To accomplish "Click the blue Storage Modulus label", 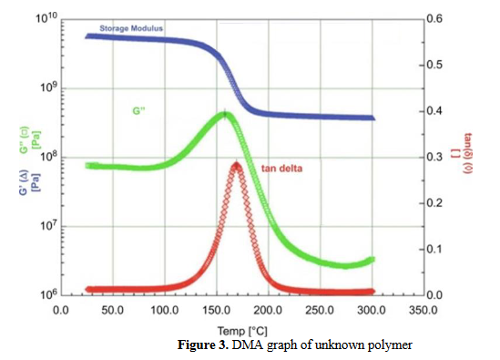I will (130, 28).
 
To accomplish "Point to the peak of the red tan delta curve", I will (236, 165).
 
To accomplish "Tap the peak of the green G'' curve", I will (225, 114).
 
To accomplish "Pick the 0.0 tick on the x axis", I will (62, 310).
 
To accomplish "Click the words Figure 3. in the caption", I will (206, 346).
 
